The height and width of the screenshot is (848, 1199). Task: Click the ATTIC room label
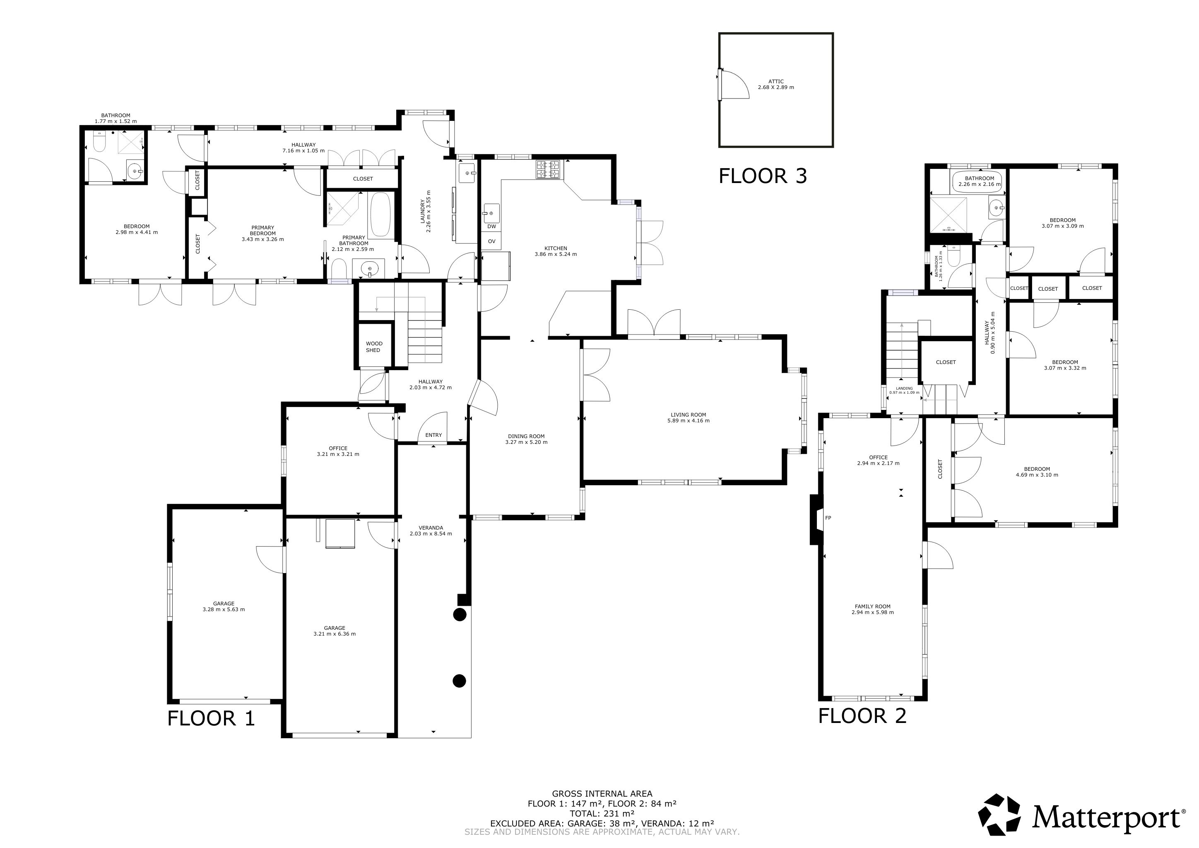tap(776, 82)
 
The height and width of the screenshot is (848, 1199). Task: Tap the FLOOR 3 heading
tap(763, 176)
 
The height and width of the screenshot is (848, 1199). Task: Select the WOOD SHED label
tap(374, 347)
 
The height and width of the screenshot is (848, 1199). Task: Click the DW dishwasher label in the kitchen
tap(491, 226)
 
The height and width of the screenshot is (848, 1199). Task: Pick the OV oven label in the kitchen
tap(491, 241)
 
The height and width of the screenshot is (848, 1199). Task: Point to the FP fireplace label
tap(828, 518)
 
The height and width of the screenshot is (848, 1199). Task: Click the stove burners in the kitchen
tap(548, 169)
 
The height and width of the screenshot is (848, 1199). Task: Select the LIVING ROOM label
tap(688, 414)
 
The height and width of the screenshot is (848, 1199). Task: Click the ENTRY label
tap(433, 435)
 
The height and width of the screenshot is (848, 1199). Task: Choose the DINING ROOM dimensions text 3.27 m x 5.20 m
tap(526, 442)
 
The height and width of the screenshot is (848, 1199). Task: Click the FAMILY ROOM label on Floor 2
tap(873, 606)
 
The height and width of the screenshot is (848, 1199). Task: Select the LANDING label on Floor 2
tap(905, 388)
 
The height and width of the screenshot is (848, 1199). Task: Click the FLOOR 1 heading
tap(211, 718)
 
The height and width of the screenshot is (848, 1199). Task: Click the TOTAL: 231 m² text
tap(602, 814)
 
